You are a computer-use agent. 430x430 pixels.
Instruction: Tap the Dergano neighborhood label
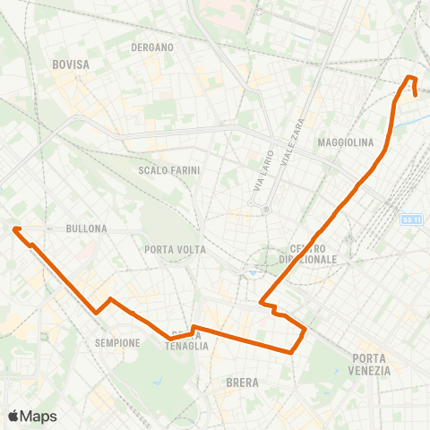[x=151, y=47]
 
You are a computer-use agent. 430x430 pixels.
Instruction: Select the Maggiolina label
[x=345, y=142]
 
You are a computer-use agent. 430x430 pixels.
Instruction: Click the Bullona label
[x=86, y=228]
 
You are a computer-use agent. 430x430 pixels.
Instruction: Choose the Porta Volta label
[x=175, y=249]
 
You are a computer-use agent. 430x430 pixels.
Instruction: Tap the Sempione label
[x=117, y=342]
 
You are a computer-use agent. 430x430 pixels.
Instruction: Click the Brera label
[x=243, y=383]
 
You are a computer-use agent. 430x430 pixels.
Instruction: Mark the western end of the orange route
[x=15, y=229]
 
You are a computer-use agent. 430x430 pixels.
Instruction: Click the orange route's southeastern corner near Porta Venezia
[x=293, y=352]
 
